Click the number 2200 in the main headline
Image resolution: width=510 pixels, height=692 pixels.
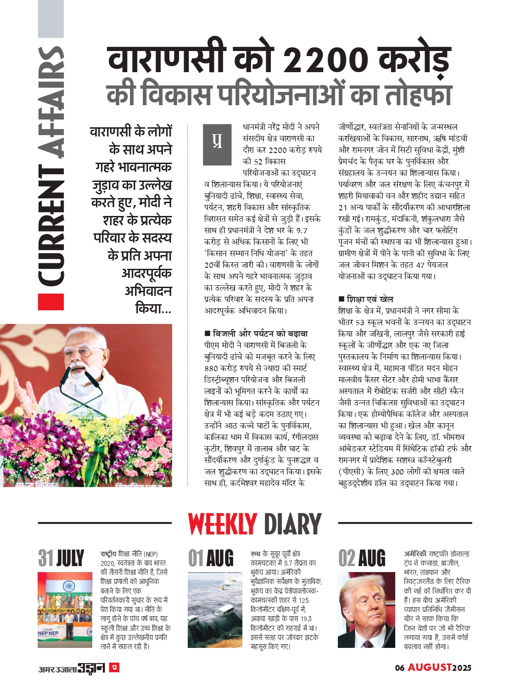[325, 60]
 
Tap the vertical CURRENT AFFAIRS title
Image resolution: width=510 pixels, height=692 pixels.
[50, 165]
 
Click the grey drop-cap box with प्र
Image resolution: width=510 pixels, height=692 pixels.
[217, 144]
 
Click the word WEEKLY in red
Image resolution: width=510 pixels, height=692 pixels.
[222, 524]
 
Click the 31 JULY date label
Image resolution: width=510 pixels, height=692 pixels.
[61, 558]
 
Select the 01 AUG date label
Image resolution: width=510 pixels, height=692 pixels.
[211, 558]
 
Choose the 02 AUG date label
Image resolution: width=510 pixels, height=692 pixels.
[361, 558]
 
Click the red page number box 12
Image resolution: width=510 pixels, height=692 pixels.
[114, 667]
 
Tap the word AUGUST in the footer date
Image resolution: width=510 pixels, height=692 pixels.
[430, 667]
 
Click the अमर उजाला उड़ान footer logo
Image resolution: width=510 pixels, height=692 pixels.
[72, 668]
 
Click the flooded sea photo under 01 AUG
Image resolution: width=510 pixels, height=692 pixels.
[215, 610]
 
